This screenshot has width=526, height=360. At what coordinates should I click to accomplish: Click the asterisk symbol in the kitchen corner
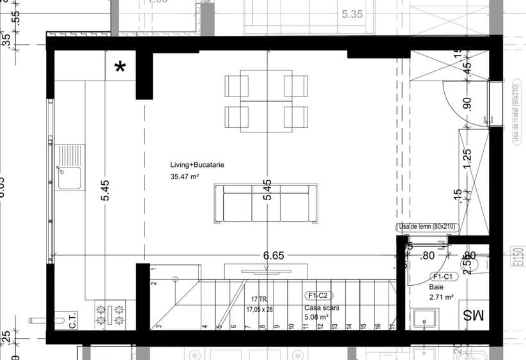[120, 67]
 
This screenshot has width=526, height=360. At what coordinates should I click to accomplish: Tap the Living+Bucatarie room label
[197, 164]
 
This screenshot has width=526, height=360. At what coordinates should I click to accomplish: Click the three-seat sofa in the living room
[266, 204]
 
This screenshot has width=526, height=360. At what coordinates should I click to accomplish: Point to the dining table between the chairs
[266, 104]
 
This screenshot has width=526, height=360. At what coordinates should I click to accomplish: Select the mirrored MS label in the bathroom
[474, 315]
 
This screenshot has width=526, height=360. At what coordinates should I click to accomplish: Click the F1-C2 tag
[318, 295]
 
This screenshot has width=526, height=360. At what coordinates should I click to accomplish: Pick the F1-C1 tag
[442, 277]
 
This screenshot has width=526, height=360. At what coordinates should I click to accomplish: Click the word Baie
[436, 287]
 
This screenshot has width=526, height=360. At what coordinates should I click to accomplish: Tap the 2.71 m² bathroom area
[441, 297]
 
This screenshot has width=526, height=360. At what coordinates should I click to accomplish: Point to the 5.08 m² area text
[316, 317]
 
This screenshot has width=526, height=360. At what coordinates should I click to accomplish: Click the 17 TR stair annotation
[259, 299]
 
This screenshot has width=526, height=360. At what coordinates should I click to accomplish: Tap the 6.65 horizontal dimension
[274, 255]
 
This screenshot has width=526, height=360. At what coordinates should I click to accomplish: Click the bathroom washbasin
[424, 318]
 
